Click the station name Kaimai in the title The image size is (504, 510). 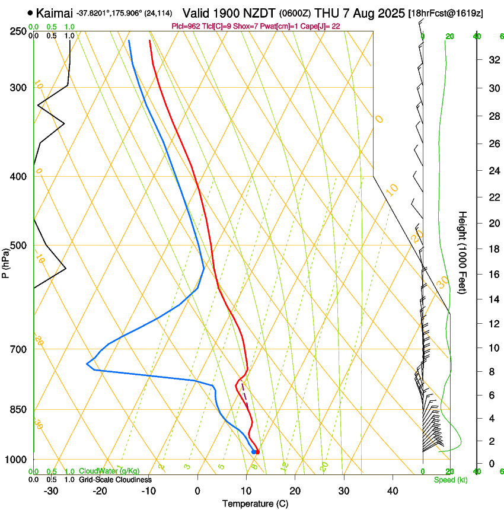[x=54, y=12]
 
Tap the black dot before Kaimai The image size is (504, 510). [x=30, y=12]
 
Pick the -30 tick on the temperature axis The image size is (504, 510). [x=51, y=491]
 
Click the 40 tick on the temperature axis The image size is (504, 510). [x=392, y=491]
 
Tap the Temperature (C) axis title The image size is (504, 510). [x=255, y=503]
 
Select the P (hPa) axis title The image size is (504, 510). [x=5, y=262]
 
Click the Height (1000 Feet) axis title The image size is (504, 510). [x=463, y=252]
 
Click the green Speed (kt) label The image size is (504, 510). [x=450, y=480]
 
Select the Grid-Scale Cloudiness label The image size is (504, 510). [x=115, y=479]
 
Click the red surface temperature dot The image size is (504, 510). [x=257, y=452]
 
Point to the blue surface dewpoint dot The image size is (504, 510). [x=254, y=452]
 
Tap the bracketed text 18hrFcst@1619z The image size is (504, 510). [x=445, y=13]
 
